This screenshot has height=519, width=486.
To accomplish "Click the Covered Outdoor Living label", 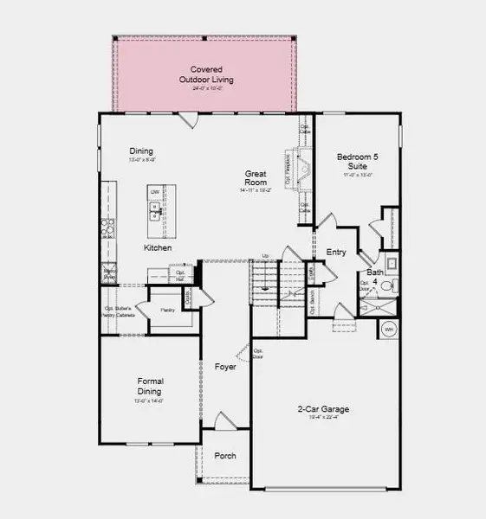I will (x=206, y=74).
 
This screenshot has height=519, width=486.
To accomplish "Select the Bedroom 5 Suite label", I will (x=357, y=162).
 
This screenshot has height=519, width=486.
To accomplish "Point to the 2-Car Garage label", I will (x=323, y=409).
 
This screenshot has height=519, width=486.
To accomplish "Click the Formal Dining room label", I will (x=151, y=386).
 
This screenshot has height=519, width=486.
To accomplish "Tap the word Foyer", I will (x=225, y=368).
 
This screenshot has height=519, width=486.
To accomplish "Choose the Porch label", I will (x=225, y=456).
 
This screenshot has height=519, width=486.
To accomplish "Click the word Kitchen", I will (x=158, y=248).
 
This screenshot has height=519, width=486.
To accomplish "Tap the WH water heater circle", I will (x=388, y=330).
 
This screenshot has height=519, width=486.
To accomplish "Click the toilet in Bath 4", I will (x=387, y=286).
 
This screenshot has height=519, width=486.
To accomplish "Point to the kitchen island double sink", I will (x=157, y=208).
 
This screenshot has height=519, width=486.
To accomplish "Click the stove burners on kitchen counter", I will (x=108, y=227).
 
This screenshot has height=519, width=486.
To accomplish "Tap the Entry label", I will (x=336, y=253).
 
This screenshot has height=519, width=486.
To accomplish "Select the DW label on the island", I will (x=155, y=191).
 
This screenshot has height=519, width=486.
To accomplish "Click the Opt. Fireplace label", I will (x=288, y=162).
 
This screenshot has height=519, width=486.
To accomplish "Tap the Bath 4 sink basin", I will (x=391, y=263).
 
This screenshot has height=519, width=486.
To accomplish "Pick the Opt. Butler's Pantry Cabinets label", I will (x=120, y=312).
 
